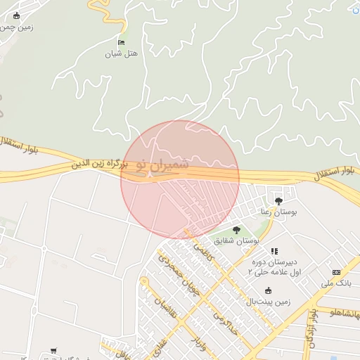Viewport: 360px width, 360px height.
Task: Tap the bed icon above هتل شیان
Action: pos(122,42)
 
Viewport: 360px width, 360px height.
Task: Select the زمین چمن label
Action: pos(17,27)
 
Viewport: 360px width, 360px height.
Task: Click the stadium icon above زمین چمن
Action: pos(17,15)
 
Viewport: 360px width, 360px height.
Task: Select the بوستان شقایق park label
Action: pos(238,240)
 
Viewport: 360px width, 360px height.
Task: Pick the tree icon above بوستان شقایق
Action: pos(236,230)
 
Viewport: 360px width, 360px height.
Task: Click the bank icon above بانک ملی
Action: pos(336,272)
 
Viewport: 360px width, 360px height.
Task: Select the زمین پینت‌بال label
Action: pos(268,302)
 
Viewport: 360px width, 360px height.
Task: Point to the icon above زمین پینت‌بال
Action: pos(267,291)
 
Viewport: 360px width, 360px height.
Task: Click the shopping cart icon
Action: pos(53,351)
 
